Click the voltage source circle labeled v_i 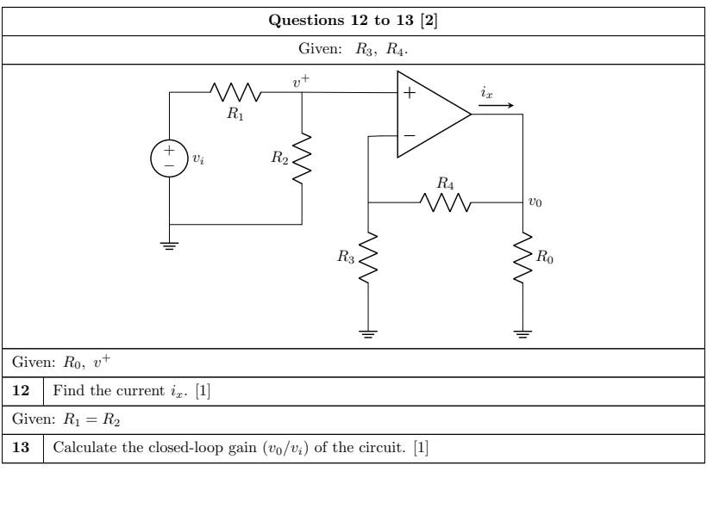tap(169, 158)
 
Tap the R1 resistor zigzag tap(234, 92)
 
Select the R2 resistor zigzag tap(302, 158)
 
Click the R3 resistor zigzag tap(368, 257)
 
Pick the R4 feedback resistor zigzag tap(445, 202)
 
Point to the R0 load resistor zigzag tap(522, 257)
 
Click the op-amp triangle tap(429, 115)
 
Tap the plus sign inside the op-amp tap(409, 95)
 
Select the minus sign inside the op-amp tap(409, 135)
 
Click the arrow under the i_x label tap(498, 107)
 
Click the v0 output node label tap(535, 202)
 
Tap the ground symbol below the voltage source tap(169, 245)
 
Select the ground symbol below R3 tap(368, 334)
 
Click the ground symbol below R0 tap(522, 334)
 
